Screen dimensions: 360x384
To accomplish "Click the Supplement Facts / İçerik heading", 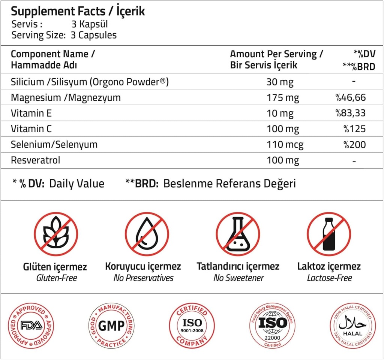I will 78,11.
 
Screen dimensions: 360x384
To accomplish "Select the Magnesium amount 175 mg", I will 283,98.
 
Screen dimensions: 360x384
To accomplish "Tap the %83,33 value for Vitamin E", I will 350,113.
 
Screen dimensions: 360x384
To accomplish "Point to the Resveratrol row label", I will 35,160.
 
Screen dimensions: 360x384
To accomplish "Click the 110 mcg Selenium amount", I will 285,145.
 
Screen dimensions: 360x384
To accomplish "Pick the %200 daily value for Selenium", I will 354,145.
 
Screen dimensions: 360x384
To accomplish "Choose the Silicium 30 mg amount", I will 280,82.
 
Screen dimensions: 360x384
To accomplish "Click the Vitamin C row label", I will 31,129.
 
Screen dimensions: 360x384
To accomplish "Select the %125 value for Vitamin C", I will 354,129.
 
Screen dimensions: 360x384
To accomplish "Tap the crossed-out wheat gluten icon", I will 56,234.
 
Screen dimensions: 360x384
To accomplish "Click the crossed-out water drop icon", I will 147,234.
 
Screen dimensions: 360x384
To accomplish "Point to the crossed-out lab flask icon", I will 238,234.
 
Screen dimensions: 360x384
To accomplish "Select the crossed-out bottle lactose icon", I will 328,234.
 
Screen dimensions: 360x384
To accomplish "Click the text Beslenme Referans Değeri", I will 229,184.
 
